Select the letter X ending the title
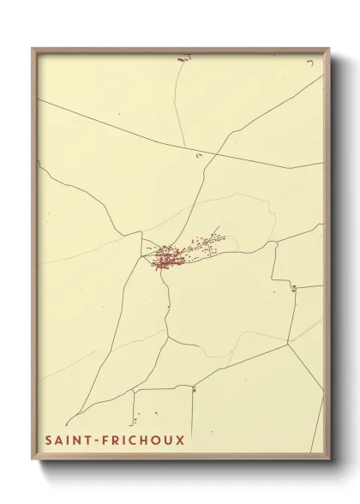[179, 441]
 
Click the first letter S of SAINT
[49, 441]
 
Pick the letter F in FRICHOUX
[111, 441]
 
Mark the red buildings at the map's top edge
[182, 58]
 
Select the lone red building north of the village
[200, 155]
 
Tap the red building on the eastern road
[293, 287]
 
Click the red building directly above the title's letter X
[194, 391]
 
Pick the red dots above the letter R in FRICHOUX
[134, 420]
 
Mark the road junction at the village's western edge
[142, 255]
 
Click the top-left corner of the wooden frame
[33, 48]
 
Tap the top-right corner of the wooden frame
[329, 48]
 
